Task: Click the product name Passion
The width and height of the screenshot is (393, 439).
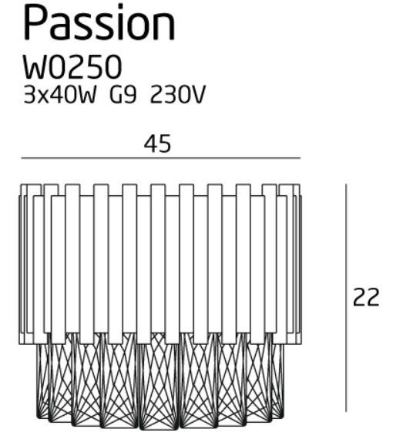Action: pos(99,22)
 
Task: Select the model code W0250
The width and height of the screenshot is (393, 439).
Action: pos(72,67)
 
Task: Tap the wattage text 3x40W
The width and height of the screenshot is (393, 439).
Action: pos(60,95)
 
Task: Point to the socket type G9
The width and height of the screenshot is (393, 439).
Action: pos(123,95)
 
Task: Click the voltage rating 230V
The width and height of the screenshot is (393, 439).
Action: pos(178,95)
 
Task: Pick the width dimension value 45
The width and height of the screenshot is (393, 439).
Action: pos(157,144)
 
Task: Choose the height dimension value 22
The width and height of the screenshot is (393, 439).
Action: pos(366,297)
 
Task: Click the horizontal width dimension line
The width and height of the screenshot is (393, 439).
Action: pos(161,158)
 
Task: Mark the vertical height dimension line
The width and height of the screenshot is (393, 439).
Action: pos(346,298)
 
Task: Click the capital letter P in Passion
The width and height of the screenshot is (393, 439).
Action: pos(35,23)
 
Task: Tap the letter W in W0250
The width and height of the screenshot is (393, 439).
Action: pos(37,67)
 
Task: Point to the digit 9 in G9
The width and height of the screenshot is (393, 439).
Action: pos(130,95)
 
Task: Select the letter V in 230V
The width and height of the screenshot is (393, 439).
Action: pos(199,95)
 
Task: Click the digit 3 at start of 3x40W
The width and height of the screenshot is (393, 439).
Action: pos(29,95)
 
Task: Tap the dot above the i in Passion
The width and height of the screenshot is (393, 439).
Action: pos(120,6)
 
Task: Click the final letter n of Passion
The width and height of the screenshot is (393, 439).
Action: pos(165,28)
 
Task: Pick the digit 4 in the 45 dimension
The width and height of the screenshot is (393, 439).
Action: pos(150,144)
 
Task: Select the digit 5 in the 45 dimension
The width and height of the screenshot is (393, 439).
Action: pos(164,144)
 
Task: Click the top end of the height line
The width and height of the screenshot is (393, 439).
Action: pos(346,184)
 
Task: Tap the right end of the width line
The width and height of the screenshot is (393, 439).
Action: pos(301,158)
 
